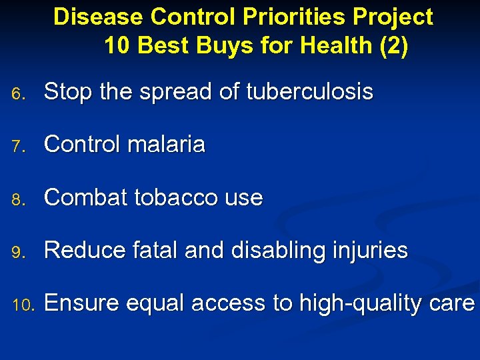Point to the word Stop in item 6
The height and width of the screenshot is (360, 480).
(69, 93)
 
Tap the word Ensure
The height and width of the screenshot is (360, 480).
(82, 303)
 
